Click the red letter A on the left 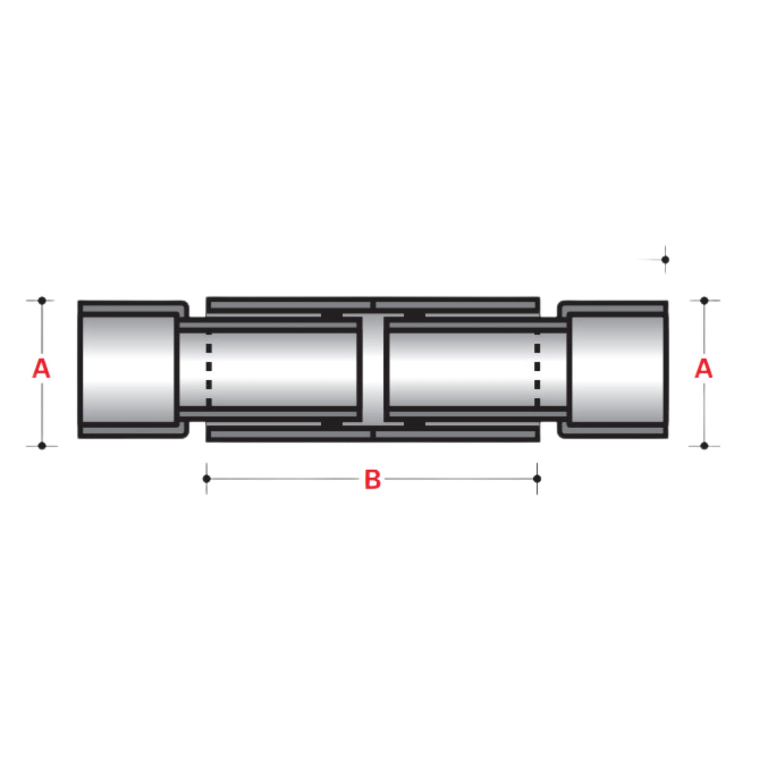[x=41, y=368]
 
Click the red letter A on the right [x=703, y=368]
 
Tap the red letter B [x=373, y=480]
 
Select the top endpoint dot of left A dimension [x=42, y=300]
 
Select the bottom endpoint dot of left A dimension [x=42, y=445]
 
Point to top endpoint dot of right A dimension [x=704, y=300]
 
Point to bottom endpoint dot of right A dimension [x=704, y=445]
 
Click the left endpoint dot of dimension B [x=207, y=478]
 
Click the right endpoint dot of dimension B [x=537, y=478]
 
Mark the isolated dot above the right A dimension [x=665, y=259]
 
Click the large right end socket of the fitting [x=617, y=369]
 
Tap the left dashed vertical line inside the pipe [x=209, y=373]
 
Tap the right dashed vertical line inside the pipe [x=537, y=373]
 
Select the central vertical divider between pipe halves [x=373, y=369]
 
